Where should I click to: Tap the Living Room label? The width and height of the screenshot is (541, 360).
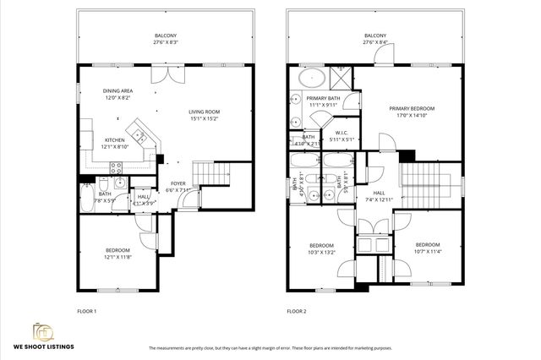(x=203, y=116)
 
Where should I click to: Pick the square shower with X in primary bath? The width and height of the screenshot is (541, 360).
(x=340, y=78)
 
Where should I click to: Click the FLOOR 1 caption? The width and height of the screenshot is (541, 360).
(x=87, y=311)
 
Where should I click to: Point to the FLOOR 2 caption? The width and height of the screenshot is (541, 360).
(x=296, y=311)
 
